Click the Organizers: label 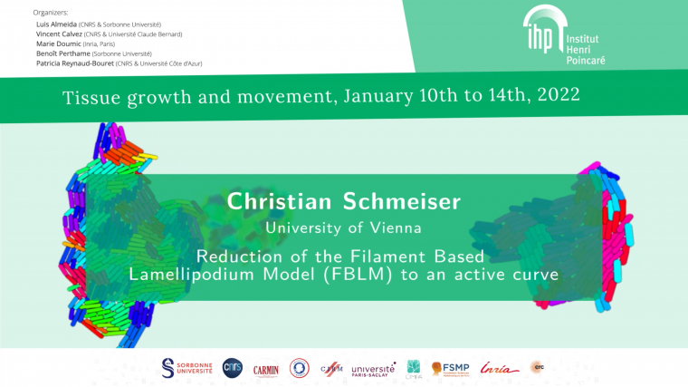50,12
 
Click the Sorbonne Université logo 186,367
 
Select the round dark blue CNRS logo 233,367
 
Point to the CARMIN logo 266,368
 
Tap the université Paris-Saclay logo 373,369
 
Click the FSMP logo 451,368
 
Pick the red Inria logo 499,368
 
